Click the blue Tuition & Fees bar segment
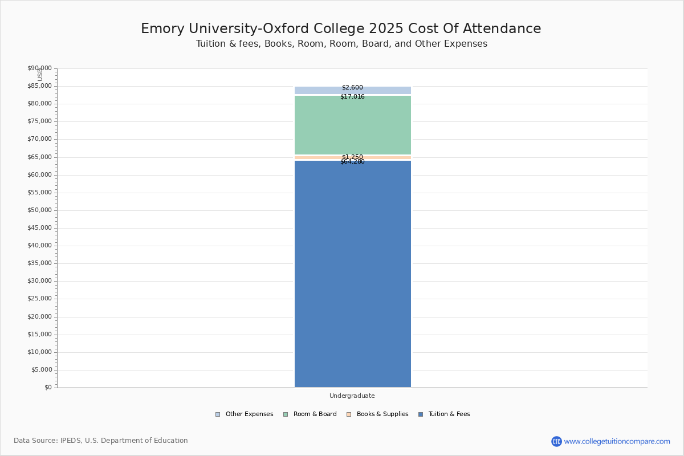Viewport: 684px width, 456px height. (352, 274)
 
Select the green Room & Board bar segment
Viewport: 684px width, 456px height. (352, 125)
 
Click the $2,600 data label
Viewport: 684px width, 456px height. (352, 88)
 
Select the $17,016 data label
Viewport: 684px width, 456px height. (352, 97)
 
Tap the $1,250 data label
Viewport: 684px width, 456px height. (352, 157)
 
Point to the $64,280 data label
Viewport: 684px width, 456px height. (352, 162)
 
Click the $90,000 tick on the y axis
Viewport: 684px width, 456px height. (39, 68)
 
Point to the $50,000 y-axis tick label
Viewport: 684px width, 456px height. (39, 210)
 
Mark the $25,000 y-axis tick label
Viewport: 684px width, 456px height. (39, 299)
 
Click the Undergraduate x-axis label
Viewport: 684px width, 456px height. (352, 396)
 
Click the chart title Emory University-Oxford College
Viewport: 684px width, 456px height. (341, 28)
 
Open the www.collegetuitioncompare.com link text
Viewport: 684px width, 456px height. (617, 441)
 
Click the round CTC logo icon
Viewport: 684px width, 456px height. (556, 441)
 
